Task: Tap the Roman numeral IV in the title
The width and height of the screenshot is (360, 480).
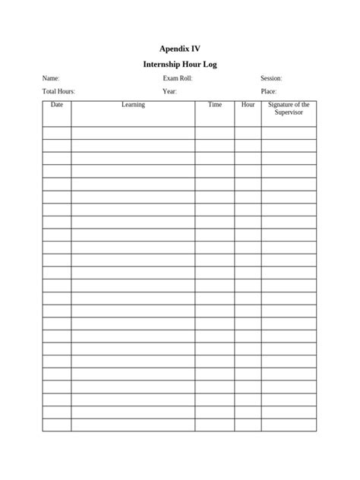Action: pyautogui.click(x=195, y=48)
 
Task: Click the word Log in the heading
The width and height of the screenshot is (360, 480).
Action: pyautogui.click(x=209, y=65)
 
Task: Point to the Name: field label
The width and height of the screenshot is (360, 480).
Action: pyautogui.click(x=51, y=78)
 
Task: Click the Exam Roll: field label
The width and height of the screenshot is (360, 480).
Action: pyautogui.click(x=177, y=78)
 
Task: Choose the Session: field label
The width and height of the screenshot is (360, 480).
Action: pyautogui.click(x=271, y=78)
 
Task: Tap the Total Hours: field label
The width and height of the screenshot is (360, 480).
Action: pyautogui.click(x=58, y=91)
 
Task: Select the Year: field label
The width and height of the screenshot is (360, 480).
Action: pyautogui.click(x=169, y=91)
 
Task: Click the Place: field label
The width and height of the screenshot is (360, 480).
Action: pyautogui.click(x=269, y=91)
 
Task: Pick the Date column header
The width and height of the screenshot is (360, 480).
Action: pyautogui.click(x=57, y=105)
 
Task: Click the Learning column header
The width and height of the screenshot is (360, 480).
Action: pyautogui.click(x=133, y=105)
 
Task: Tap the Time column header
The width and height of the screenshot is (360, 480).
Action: pyautogui.click(x=215, y=105)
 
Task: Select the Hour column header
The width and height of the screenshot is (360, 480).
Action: pyautogui.click(x=248, y=105)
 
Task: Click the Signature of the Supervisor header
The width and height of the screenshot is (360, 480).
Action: pyautogui.click(x=289, y=109)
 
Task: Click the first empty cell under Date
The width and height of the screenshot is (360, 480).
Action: pyautogui.click(x=57, y=133)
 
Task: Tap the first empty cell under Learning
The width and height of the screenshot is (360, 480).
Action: pyautogui.click(x=133, y=133)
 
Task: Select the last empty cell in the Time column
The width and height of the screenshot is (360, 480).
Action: pyautogui.click(x=215, y=425)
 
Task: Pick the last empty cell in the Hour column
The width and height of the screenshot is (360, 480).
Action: pyautogui.click(x=248, y=425)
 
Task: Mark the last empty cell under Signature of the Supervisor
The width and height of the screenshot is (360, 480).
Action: pyautogui.click(x=289, y=425)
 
